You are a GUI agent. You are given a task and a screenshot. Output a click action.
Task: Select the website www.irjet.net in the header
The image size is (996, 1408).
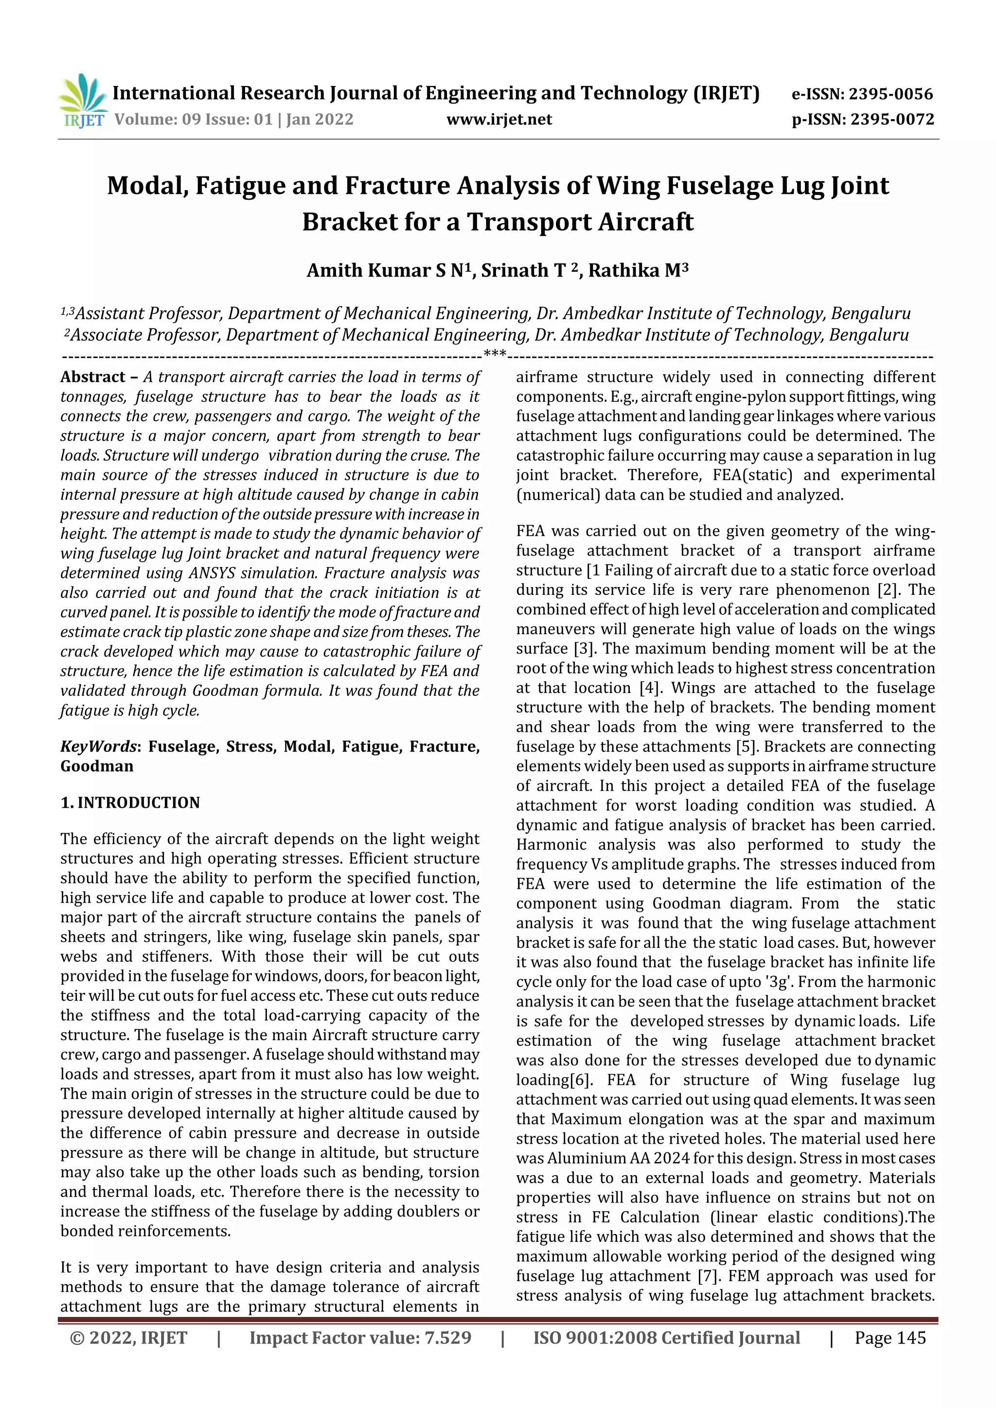(x=499, y=120)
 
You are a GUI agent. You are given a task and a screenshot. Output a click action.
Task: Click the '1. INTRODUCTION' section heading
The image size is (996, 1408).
(x=130, y=803)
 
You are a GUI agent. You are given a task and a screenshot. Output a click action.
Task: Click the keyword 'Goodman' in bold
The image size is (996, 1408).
(x=97, y=766)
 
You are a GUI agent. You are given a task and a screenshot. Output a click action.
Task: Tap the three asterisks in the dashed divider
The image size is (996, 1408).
(x=495, y=354)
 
